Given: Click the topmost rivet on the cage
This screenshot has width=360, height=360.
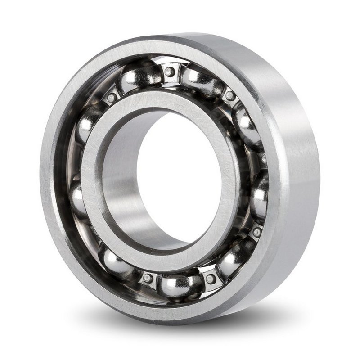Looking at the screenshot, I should coord(169,72).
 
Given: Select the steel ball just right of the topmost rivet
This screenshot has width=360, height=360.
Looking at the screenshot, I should coord(201,81).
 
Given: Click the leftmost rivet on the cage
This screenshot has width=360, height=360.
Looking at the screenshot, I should coord(112,97).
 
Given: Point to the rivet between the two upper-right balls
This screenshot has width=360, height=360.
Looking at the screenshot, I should coord(230,95).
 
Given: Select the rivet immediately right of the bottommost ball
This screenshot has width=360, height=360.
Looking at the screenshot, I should coord(210,279).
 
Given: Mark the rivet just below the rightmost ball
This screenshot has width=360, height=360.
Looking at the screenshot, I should coord(256,232).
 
